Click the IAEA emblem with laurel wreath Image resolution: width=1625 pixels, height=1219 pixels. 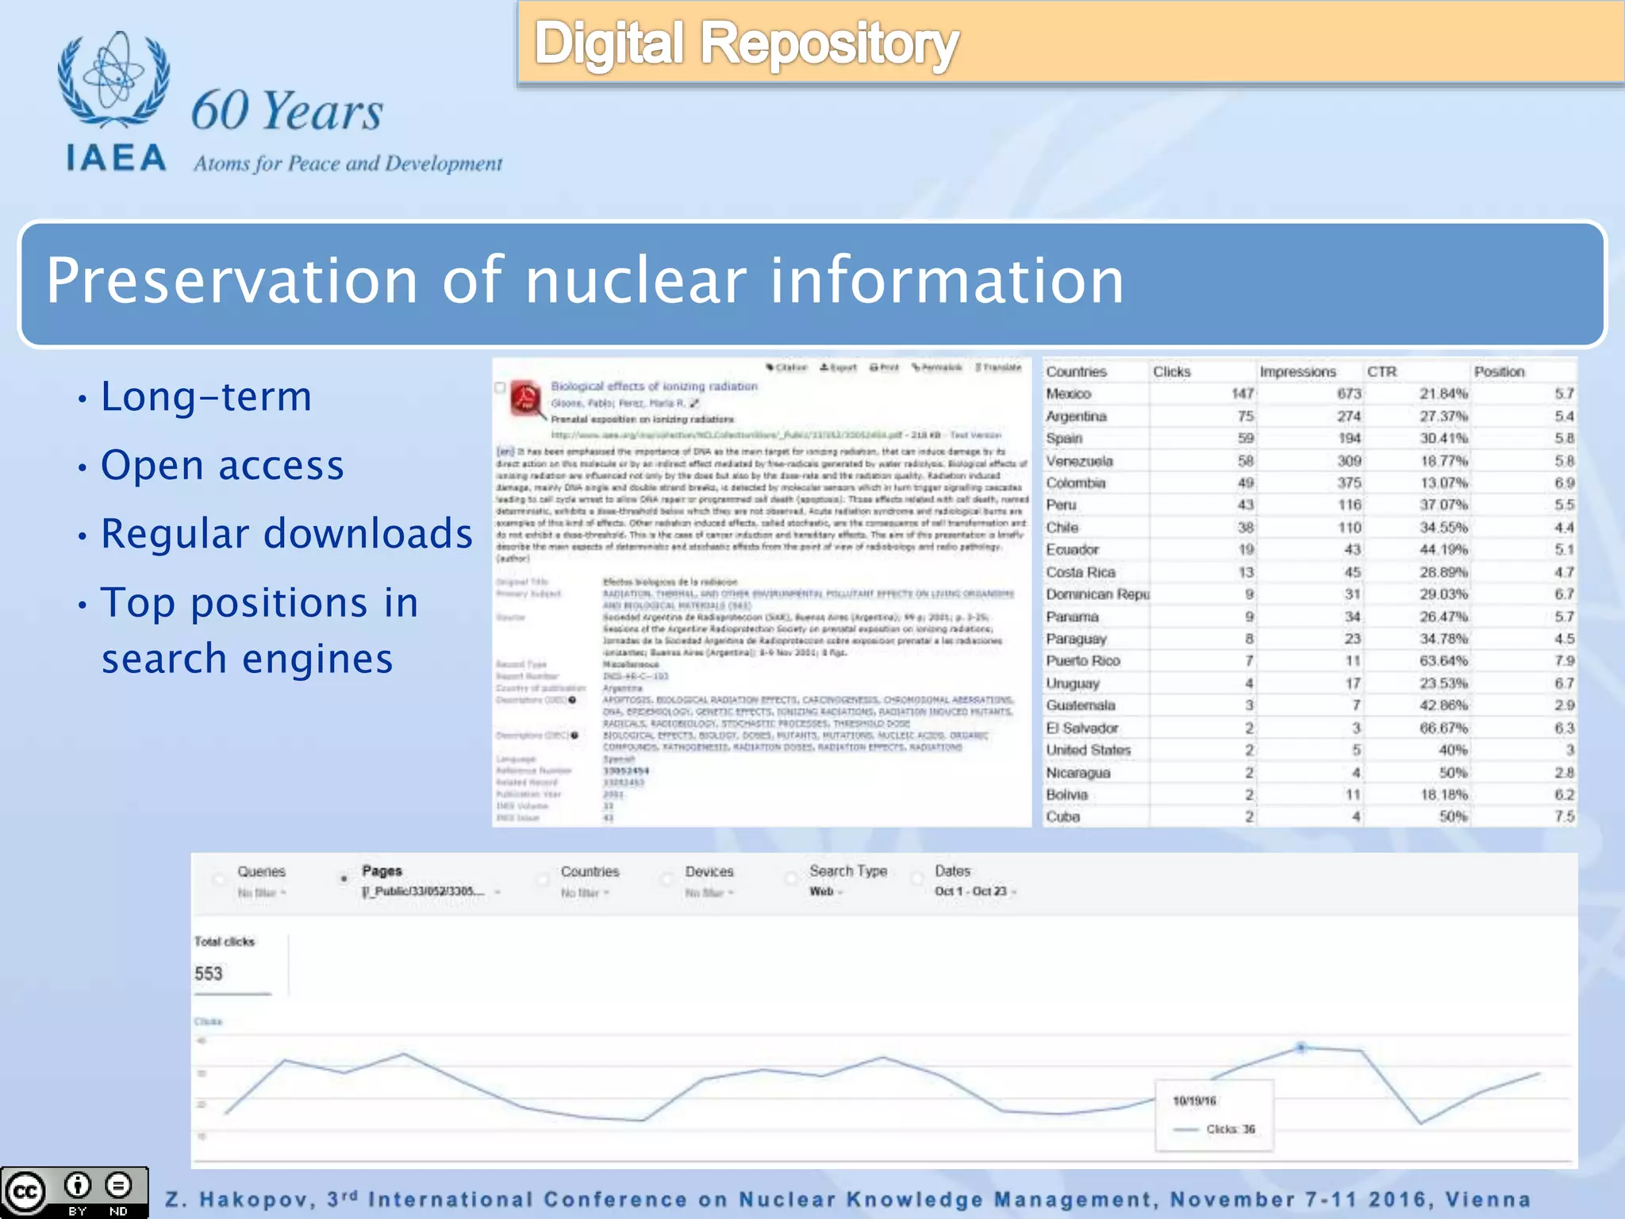(x=113, y=79)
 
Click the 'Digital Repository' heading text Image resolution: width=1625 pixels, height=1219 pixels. (x=746, y=44)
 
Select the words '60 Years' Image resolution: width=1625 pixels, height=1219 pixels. (x=286, y=110)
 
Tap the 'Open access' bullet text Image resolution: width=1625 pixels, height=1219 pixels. (x=222, y=465)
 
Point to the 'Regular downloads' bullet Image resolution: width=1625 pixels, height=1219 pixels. (x=286, y=533)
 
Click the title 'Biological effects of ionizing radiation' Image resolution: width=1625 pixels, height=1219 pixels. (x=654, y=386)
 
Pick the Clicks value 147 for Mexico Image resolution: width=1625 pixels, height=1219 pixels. (x=1242, y=394)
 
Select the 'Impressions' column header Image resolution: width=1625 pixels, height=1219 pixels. (x=1297, y=371)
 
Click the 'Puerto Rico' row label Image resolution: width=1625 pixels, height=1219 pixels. (x=1082, y=661)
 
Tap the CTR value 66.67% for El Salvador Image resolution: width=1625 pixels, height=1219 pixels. (x=1443, y=728)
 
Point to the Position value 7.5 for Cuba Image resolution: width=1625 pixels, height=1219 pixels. (x=1564, y=817)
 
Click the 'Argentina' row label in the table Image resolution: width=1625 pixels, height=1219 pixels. (x=1076, y=416)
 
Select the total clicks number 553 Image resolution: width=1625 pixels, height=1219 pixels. (x=209, y=974)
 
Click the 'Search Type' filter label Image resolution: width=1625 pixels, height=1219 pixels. (x=847, y=871)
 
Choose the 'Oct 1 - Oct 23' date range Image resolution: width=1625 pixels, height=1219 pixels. (x=970, y=891)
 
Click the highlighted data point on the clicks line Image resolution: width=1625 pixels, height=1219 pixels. (x=1301, y=1048)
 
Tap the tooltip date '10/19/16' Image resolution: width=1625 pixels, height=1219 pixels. (x=1194, y=1101)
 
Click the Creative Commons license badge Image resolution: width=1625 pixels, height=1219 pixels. (x=75, y=1192)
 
